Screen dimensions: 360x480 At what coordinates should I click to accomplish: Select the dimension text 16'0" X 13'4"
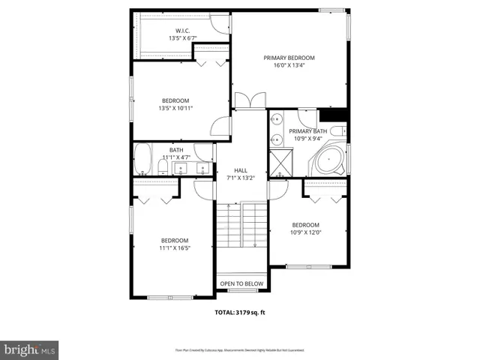pos(288,65)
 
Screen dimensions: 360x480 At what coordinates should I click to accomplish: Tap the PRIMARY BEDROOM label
pos(288,58)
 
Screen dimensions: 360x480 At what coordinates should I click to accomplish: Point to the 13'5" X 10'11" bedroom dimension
pos(175,108)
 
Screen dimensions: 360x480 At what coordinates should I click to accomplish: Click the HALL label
pos(241,170)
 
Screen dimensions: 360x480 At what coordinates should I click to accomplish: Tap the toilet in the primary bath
pos(337,130)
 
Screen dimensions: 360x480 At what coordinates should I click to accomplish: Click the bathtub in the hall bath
pos(143,159)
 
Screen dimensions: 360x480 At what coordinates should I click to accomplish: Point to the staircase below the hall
pos(241,225)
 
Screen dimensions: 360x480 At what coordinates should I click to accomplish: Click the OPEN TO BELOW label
pos(241,283)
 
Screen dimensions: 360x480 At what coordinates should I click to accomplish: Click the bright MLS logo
pos(30,349)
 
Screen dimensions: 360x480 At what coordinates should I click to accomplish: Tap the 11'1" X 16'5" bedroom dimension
pos(175,247)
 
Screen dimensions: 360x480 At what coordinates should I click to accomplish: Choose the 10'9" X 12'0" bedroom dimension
pos(305,232)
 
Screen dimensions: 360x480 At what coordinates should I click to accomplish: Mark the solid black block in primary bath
pos(333,115)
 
